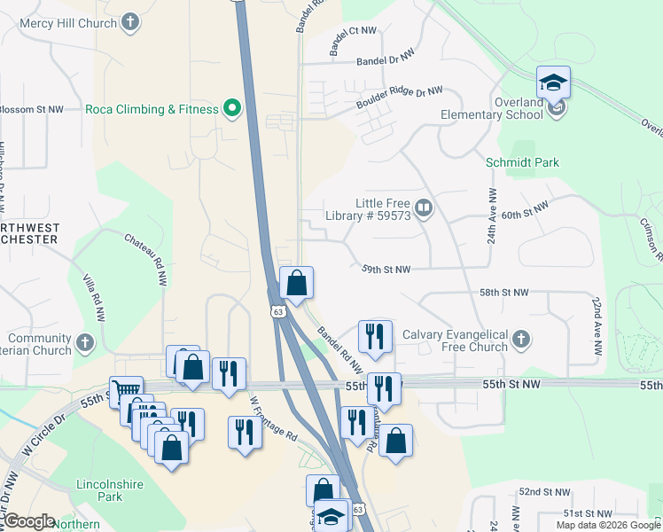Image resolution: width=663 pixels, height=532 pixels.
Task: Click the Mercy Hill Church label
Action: [59, 23]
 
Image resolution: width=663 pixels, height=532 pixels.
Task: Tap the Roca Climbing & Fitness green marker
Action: [233, 109]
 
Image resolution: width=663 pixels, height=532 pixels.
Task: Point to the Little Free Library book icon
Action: [424, 209]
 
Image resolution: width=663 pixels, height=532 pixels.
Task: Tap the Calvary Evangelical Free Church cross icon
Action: [523, 340]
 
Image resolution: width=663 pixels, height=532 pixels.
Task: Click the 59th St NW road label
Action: [386, 270]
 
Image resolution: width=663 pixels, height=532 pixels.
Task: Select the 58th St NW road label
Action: [503, 293]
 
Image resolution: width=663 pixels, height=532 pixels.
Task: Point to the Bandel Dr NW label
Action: [386, 59]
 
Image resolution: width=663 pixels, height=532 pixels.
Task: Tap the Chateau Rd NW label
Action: [145, 254]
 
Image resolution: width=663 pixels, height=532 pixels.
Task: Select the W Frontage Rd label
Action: [272, 419]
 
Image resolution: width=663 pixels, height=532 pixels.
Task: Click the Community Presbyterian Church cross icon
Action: [85, 342]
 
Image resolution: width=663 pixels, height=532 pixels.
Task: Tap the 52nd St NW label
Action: [542, 491]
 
